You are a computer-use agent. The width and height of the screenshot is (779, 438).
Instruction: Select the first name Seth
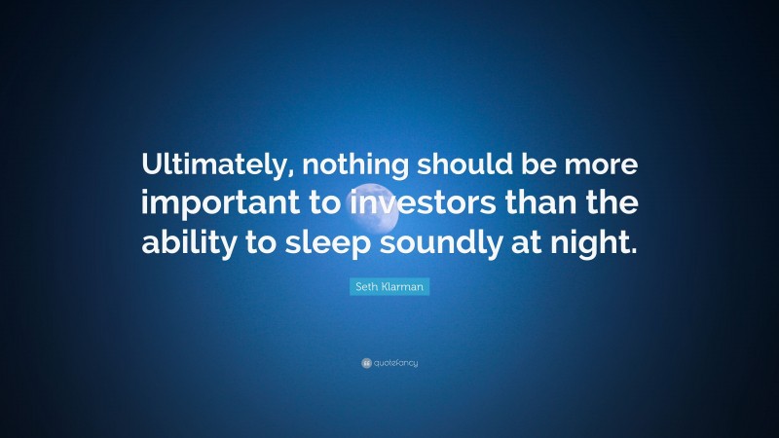pyautogui.click(x=364, y=288)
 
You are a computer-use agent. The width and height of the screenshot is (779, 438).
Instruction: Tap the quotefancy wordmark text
pyautogui.click(x=395, y=363)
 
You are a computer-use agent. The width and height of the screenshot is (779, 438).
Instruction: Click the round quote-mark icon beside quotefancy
pyautogui.click(x=365, y=363)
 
